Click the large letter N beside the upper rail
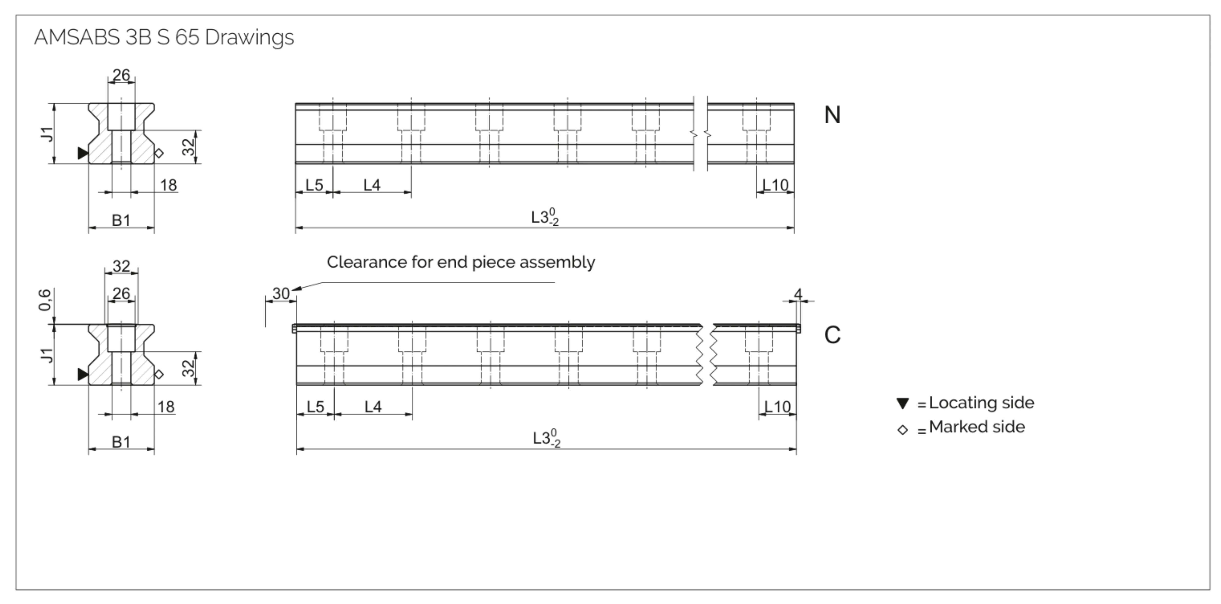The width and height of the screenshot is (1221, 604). click(832, 115)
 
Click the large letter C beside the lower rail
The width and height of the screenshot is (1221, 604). click(832, 335)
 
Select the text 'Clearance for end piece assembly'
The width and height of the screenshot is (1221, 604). click(461, 262)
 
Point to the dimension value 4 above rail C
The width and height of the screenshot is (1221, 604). click(798, 294)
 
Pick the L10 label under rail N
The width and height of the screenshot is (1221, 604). click(775, 185)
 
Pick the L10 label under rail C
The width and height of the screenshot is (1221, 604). click(777, 407)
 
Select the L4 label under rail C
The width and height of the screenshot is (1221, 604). click(373, 407)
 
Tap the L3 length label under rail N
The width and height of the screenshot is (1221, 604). click(545, 217)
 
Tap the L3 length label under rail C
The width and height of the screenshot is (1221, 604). click(546, 438)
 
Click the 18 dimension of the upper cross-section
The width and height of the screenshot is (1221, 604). click(168, 185)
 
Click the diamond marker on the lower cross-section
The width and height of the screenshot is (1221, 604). click(159, 374)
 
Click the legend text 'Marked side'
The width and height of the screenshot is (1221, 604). click(977, 427)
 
